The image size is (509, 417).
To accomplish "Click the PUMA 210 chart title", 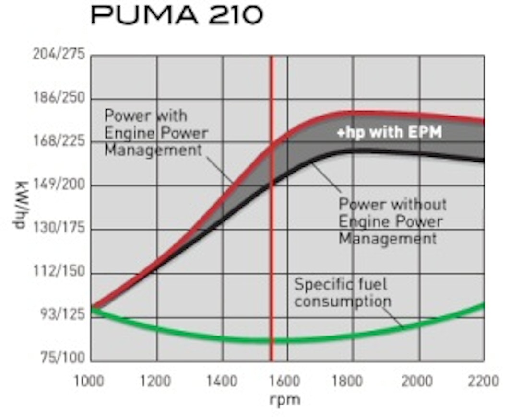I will tap(177, 16).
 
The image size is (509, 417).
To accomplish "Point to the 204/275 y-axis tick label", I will tap(58, 54).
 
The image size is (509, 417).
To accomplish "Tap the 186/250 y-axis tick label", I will tap(58, 98).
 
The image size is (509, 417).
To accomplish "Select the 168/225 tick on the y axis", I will tap(58, 142).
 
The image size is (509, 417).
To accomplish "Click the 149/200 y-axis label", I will tap(58, 185).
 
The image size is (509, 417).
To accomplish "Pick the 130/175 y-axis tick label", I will tap(58, 228).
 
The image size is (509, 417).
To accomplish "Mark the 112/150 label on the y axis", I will tap(58, 272).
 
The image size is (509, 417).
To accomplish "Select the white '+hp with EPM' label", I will tap(389, 132).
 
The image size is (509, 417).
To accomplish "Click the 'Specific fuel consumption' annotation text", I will tap(343, 293).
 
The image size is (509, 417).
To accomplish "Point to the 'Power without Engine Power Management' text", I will tap(392, 221).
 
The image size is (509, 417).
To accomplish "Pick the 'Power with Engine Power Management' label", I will tap(156, 133).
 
